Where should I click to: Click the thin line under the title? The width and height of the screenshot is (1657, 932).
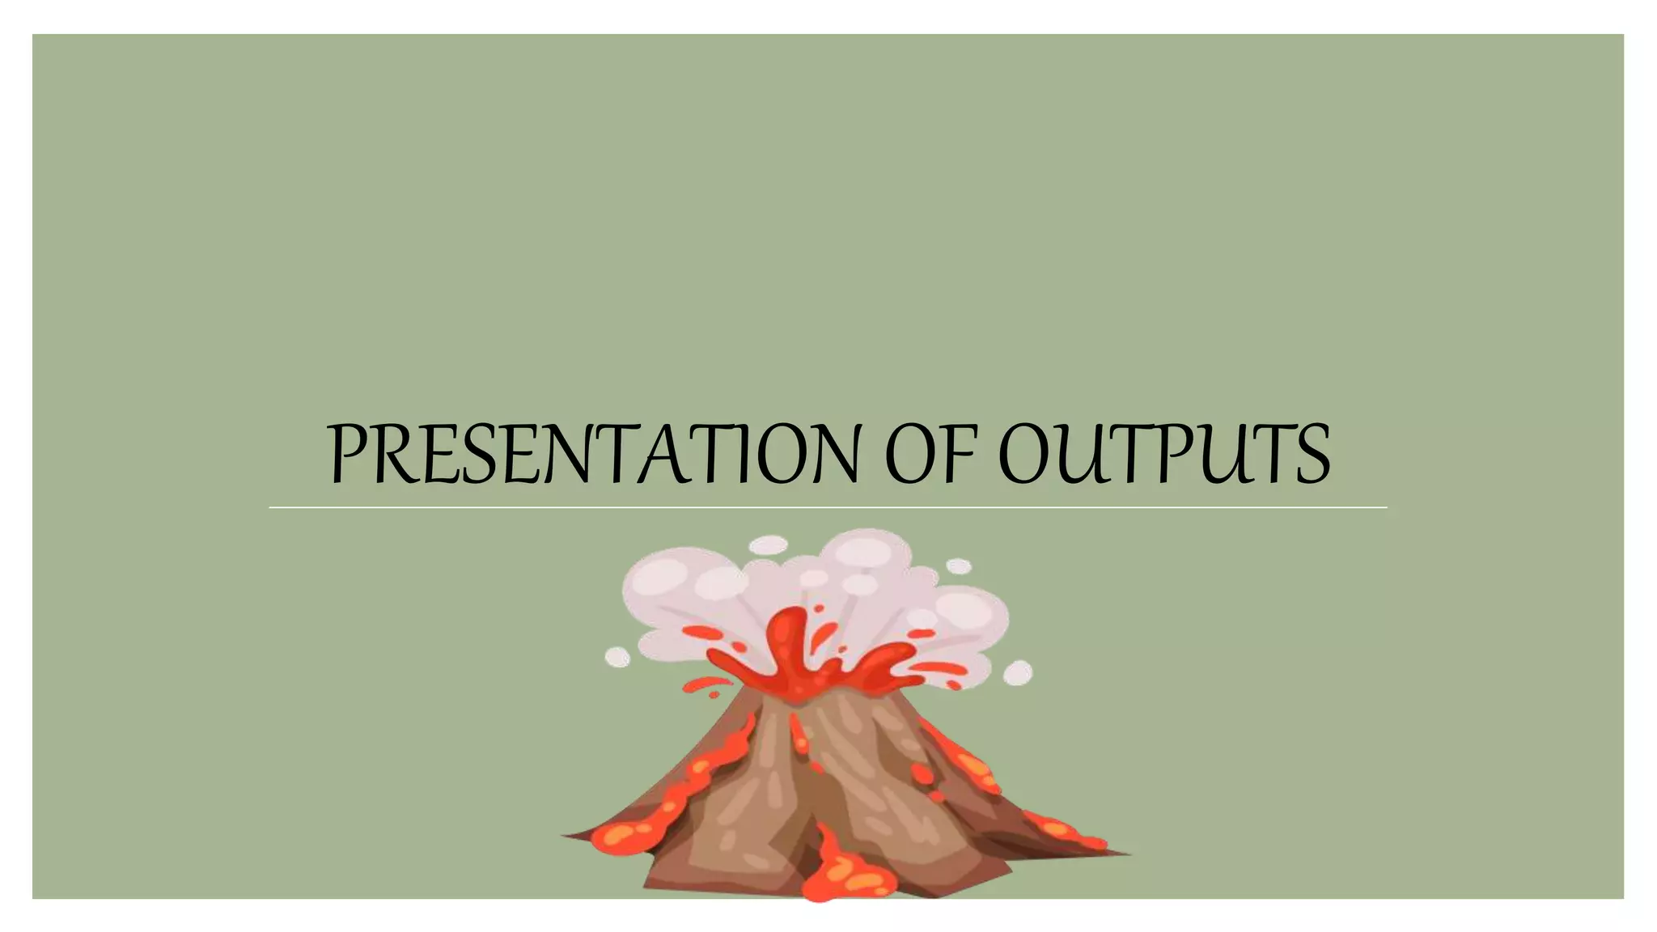827,508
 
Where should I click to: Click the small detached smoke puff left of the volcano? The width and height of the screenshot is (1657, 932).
617,657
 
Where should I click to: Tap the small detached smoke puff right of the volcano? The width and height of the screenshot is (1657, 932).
1018,672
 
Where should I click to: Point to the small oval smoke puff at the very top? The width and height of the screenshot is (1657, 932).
767,545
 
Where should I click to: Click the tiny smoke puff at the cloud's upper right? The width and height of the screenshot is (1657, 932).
959,566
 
